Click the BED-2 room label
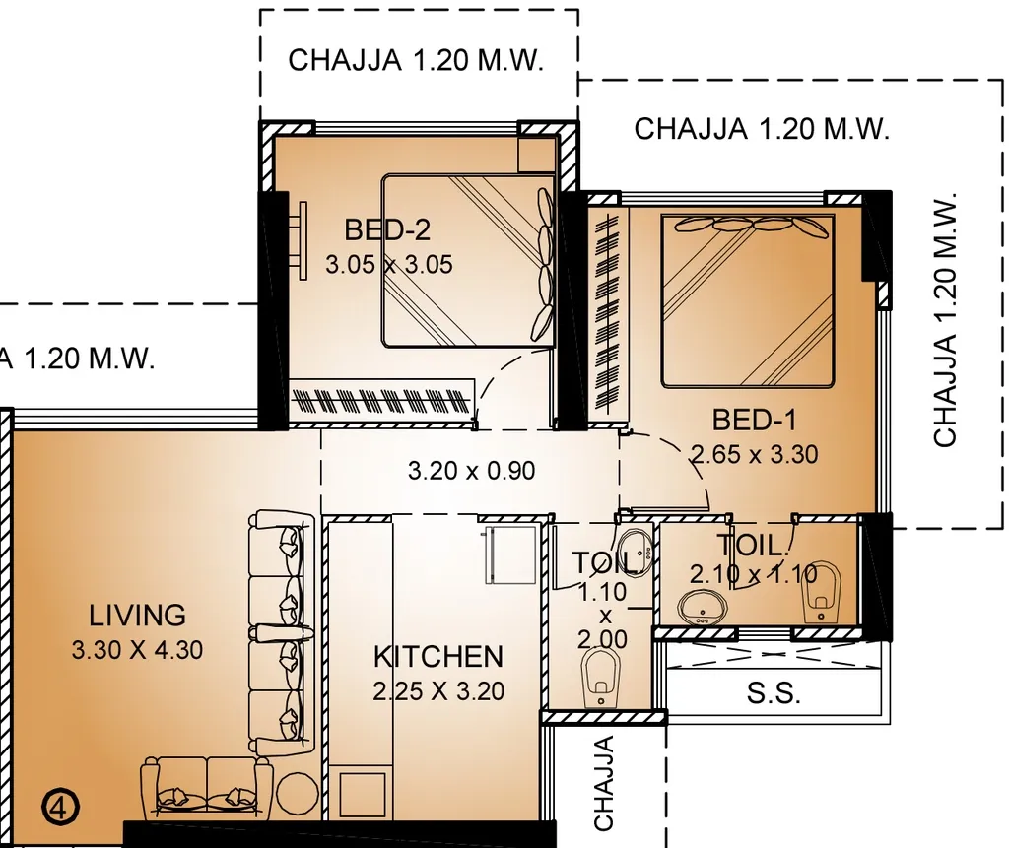(387, 230)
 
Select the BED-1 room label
(754, 421)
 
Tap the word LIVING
(137, 616)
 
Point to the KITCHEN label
(437, 657)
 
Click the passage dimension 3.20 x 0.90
(472, 471)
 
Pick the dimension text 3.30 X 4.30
(137, 650)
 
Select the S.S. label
(774, 693)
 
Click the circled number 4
(59, 808)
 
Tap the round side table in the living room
(297, 792)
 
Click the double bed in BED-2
(468, 261)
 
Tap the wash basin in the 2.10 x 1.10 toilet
(704, 605)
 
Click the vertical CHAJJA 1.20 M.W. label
(945, 320)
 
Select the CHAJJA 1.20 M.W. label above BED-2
(416, 60)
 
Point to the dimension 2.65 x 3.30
(754, 455)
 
